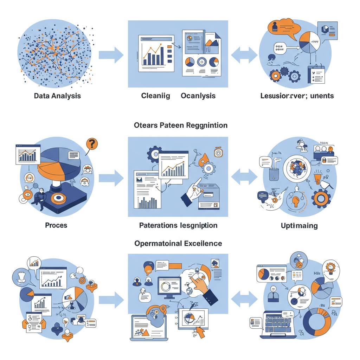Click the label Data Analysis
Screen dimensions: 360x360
point(57,96)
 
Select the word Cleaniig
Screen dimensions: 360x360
point(155,96)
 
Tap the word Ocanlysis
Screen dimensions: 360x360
point(198,96)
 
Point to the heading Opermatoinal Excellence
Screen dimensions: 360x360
point(178,243)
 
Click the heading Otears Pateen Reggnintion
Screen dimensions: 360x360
point(181,125)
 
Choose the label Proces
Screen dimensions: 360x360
point(56,225)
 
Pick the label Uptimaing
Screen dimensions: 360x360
point(299,225)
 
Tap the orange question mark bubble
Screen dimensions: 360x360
point(92,143)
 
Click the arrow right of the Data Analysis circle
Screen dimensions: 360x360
point(111,55)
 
